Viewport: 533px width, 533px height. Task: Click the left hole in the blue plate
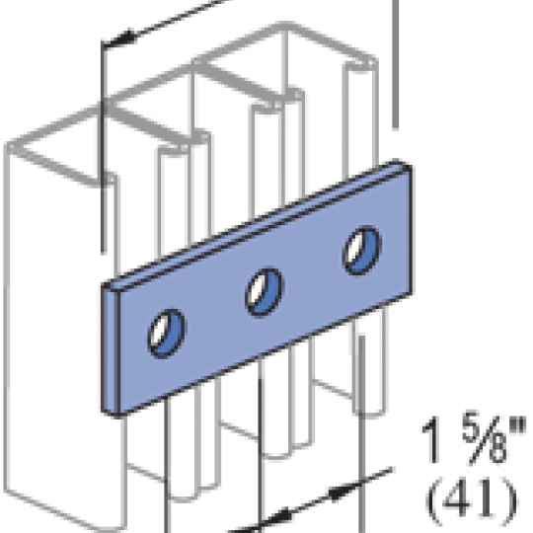(x=167, y=334)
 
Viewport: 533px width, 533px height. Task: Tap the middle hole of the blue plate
(x=265, y=292)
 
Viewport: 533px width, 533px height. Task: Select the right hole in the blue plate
(x=361, y=250)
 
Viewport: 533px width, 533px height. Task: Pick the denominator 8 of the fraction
(x=495, y=449)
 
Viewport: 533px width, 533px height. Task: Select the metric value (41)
(x=472, y=500)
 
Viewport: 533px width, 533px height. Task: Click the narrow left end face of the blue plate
(x=111, y=349)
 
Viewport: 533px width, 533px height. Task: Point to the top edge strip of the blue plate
(x=257, y=225)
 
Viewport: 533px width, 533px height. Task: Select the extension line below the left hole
(x=167, y=465)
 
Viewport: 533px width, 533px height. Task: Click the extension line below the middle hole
(x=261, y=454)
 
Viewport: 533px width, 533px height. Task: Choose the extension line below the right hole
(x=362, y=434)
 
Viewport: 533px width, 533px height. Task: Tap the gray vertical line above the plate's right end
(x=396, y=64)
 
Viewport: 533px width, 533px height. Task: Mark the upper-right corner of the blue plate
(x=412, y=166)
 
